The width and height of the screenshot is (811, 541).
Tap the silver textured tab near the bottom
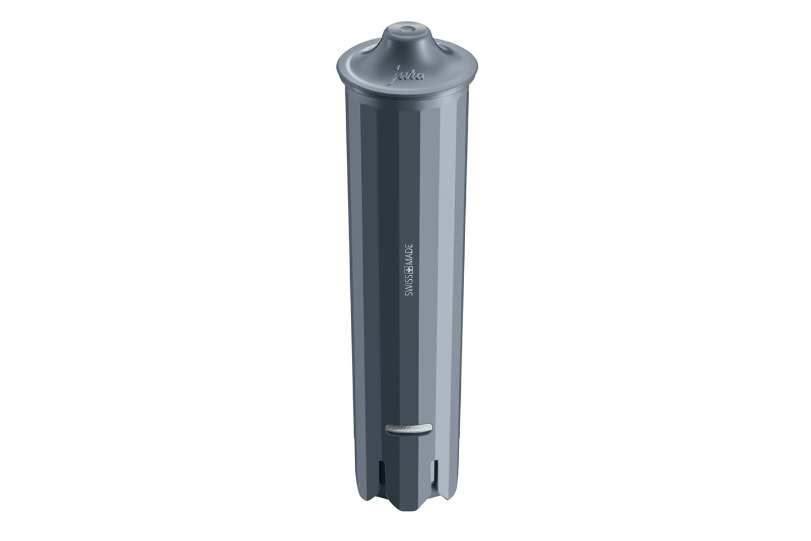tap(409, 429)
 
